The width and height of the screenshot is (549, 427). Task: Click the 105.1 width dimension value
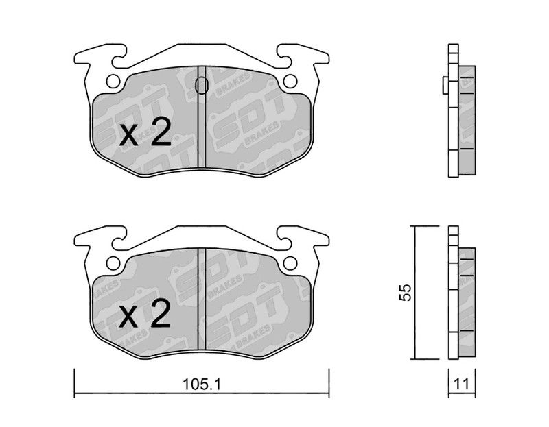coord(202,385)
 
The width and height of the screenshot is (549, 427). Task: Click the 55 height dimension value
coord(406,293)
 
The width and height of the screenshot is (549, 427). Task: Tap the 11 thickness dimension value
coord(461,385)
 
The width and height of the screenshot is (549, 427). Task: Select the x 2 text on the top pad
coord(145,132)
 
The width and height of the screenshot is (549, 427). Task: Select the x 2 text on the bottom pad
coord(145,313)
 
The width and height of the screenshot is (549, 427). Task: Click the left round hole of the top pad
coord(113,82)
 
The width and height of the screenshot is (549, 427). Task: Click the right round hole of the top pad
coord(290,82)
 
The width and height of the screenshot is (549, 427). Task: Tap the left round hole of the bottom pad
coord(113,263)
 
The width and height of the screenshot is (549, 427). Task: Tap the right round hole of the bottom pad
coord(290,263)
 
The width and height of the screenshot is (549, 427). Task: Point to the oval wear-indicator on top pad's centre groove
coord(201,85)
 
